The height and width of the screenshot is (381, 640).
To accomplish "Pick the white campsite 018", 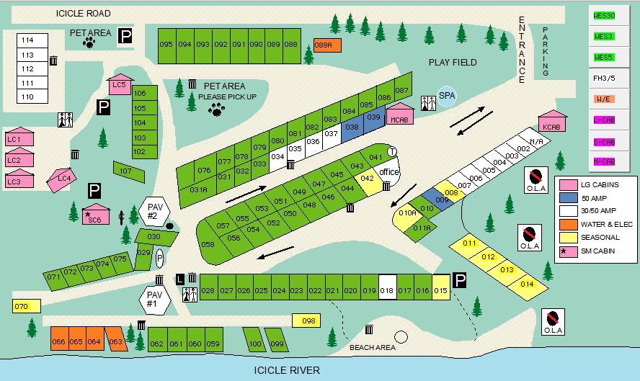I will coord(388,290).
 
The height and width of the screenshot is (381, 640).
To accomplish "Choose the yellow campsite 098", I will coord(307,321).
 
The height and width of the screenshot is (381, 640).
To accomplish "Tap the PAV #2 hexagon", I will coord(153,212).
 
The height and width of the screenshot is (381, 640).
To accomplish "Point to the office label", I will coord(389,173).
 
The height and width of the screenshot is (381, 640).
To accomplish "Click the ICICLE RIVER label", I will coord(287,370).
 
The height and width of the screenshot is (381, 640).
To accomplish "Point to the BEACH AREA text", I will coord(373,348).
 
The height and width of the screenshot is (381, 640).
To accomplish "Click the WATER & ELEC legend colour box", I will coord(566,225).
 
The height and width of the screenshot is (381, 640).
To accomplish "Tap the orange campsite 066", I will coord(58,341).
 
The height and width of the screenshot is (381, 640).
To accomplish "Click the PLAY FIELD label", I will coord(453,63).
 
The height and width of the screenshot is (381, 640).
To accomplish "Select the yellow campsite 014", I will coord(527,283).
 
